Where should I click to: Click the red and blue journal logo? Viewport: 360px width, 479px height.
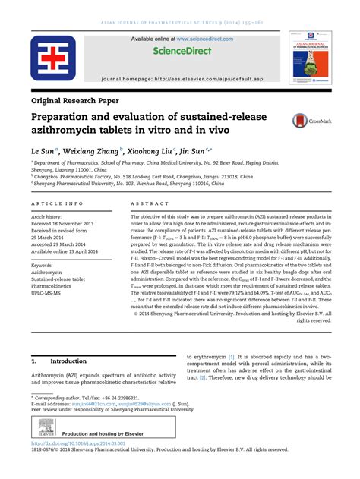53,60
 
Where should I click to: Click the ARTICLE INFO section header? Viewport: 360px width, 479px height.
57,204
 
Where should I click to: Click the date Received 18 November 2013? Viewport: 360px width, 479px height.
68,225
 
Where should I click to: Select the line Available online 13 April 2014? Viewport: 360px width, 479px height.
69,250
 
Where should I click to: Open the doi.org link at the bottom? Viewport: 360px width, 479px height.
77,443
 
